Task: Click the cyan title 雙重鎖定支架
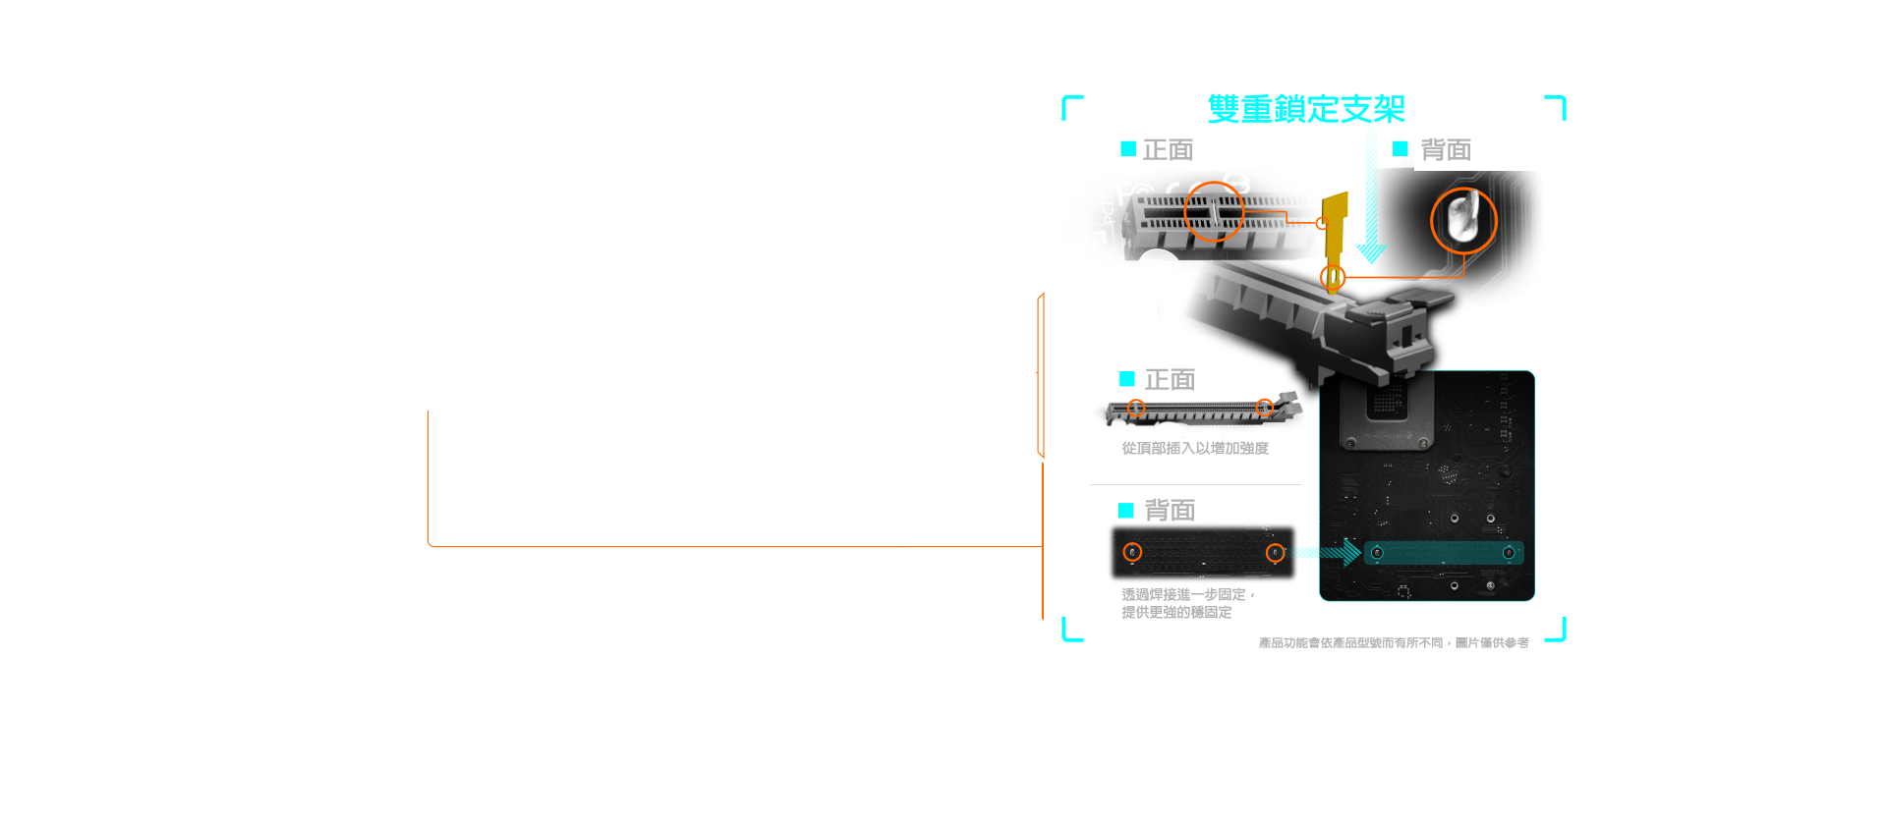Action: (1306, 108)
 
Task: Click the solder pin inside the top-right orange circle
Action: (1461, 218)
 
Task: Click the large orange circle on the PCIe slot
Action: (1214, 211)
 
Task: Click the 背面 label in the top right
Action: (1445, 150)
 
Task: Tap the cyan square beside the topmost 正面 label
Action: (1128, 148)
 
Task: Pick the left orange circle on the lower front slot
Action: (1136, 408)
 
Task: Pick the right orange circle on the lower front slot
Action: (1265, 408)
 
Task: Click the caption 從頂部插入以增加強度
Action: (1195, 448)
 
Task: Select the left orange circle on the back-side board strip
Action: (1132, 552)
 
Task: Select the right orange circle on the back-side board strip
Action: (1275, 552)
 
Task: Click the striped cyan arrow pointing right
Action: (1331, 553)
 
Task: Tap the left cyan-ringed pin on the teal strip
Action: (1377, 553)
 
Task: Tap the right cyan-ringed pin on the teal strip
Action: (1509, 553)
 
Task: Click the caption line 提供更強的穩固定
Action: (1176, 612)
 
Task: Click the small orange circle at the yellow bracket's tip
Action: (1333, 277)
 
